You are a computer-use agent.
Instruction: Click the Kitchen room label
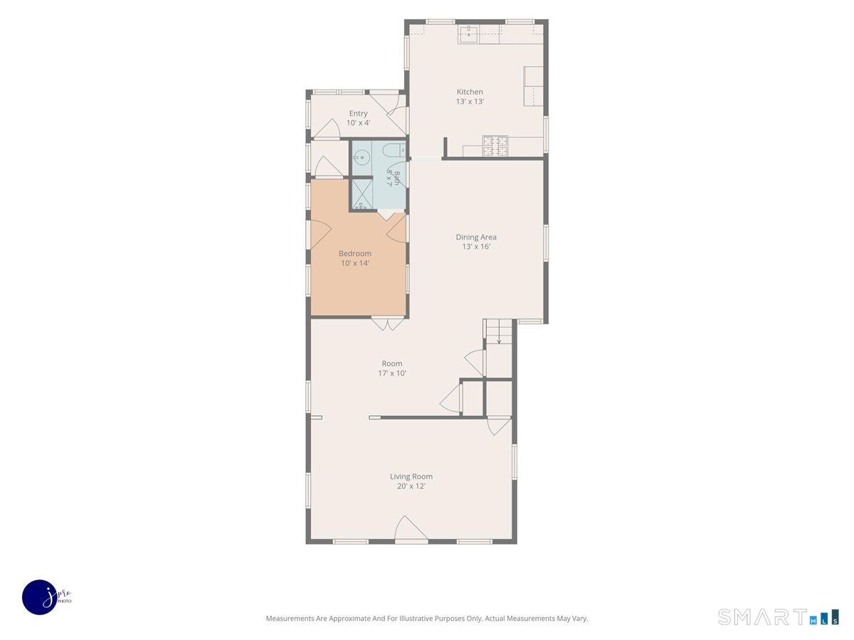tap(470, 92)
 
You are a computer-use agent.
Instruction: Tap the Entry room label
tap(358, 114)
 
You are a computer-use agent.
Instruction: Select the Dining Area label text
tap(476, 237)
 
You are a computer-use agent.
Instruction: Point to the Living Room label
tap(411, 476)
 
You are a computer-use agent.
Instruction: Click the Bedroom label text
tap(355, 253)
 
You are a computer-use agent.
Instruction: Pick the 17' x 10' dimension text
tap(392, 373)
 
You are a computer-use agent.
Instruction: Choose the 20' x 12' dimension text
tap(411, 486)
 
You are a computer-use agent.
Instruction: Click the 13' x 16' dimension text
tap(476, 247)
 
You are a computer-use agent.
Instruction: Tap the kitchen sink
tap(469, 35)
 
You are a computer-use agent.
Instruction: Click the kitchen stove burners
tap(495, 146)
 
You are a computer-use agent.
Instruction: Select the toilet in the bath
tap(394, 150)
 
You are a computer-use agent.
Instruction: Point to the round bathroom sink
tap(362, 157)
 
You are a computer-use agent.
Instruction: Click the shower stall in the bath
tap(362, 194)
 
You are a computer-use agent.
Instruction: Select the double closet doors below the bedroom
tap(387, 324)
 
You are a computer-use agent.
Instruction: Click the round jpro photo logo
tap(40, 597)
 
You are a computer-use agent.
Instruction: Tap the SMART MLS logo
tap(778, 617)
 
